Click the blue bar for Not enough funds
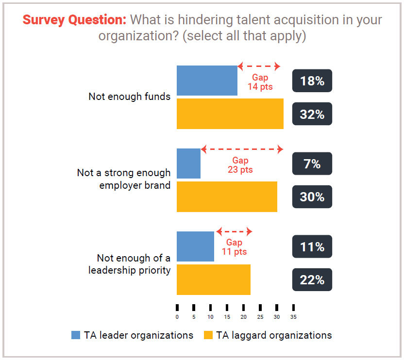(x=207, y=80)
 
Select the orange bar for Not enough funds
(x=230, y=114)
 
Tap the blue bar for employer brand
(x=188, y=164)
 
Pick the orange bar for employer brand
(x=227, y=196)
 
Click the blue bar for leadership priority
(x=195, y=246)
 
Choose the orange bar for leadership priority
(x=213, y=279)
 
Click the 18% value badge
(x=312, y=81)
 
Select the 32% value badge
(x=312, y=114)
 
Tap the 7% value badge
(x=312, y=164)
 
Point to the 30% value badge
(x=312, y=197)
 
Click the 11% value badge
(x=312, y=247)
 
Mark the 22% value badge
(x=312, y=280)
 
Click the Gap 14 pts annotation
(x=260, y=82)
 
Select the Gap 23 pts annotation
(x=240, y=165)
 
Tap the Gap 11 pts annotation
(x=234, y=247)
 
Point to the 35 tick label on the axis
(x=293, y=317)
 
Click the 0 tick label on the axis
(x=177, y=317)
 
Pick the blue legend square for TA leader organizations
(x=76, y=335)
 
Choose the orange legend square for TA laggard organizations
(x=208, y=335)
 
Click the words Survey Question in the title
(x=74, y=20)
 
